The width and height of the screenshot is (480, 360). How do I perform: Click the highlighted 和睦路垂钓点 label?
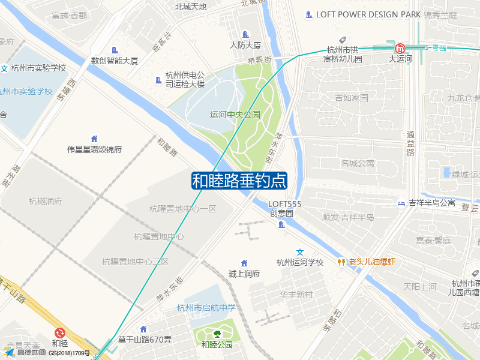pos(239,181)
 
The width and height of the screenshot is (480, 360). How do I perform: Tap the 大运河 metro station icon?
pos(400,48)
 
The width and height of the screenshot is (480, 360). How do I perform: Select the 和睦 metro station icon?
pos(59,332)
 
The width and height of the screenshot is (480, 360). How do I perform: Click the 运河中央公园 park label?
pos(235,115)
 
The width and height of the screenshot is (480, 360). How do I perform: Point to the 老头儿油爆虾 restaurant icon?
pos(341,262)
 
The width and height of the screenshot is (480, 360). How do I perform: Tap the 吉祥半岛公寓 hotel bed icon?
pos(401,203)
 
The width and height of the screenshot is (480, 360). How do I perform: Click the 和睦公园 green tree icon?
pos(217,334)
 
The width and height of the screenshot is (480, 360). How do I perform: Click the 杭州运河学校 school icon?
pos(301,251)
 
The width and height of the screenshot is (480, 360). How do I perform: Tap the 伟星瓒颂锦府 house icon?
pos(94,139)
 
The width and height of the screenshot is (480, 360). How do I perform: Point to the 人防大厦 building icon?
pos(245,34)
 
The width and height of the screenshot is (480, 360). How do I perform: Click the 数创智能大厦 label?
pos(115,61)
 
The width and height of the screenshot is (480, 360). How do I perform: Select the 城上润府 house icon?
pos(244,263)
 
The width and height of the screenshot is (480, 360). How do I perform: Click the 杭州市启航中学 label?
pos(206,308)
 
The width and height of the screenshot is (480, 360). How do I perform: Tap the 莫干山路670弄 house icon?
pos(143,329)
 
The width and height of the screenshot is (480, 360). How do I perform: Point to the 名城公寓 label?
pos(357,163)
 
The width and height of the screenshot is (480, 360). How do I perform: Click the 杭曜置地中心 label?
pos(159,236)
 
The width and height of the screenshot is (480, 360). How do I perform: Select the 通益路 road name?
pos(411,143)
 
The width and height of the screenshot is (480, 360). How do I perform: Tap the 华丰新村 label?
pos(296,295)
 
